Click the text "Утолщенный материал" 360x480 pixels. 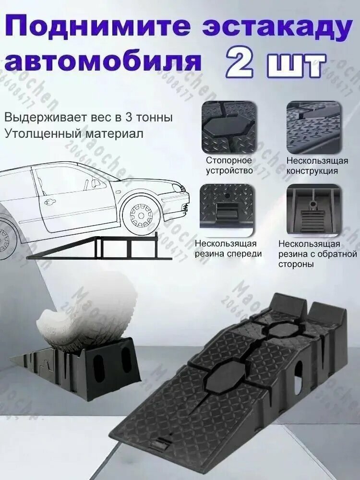74,133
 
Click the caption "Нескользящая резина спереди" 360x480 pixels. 228,249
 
